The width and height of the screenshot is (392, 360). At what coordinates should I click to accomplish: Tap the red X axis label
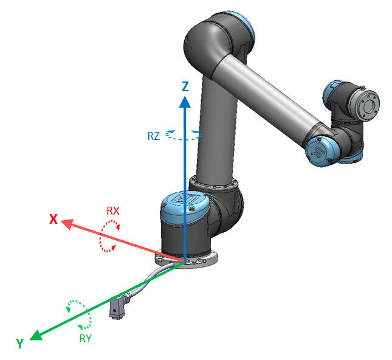pos(53,220)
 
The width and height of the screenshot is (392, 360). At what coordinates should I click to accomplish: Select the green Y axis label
pos(20,344)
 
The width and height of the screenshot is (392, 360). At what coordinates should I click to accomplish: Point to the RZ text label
pos(154,136)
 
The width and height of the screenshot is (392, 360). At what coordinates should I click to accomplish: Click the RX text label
pos(113,211)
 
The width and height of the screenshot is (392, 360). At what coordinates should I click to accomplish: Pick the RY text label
pos(85,339)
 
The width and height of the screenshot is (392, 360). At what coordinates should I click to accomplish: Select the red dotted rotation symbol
pos(109,236)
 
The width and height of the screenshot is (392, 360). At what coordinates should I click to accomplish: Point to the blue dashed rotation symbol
pos(183,134)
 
